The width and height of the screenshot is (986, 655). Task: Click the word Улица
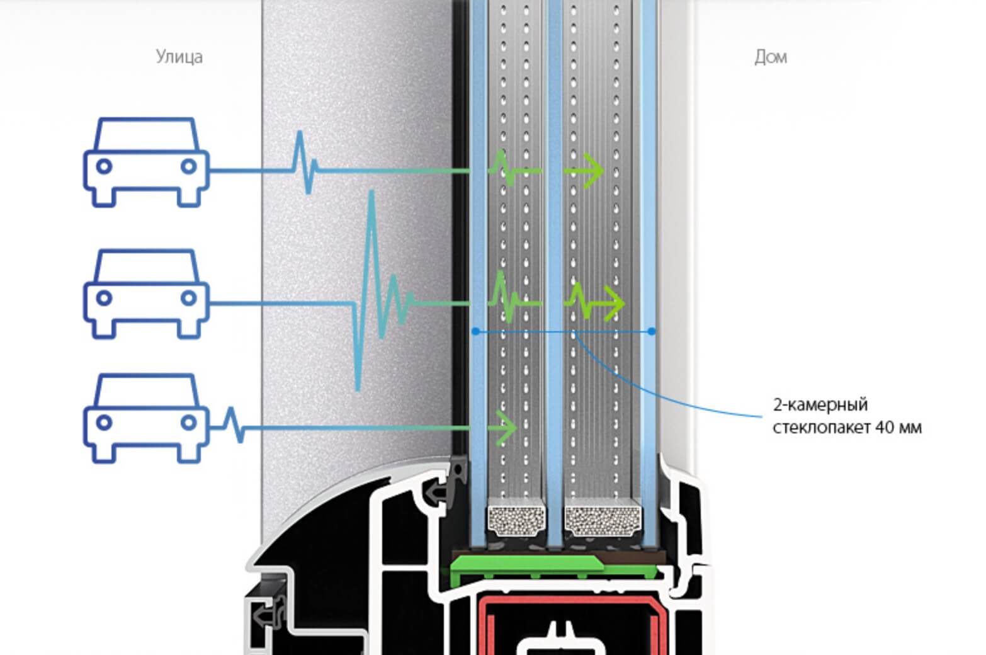(179, 57)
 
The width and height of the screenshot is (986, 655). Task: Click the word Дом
(770, 57)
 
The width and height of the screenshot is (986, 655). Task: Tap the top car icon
(146, 162)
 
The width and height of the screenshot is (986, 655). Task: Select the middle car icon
(146, 294)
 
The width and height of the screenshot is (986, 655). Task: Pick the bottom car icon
(146, 419)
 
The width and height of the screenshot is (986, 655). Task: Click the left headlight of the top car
(104, 166)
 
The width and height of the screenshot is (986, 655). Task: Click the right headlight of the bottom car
(188, 423)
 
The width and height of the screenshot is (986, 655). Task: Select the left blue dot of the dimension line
(476, 331)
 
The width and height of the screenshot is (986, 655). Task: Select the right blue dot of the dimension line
(652, 331)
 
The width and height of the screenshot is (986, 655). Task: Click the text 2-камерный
(820, 404)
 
